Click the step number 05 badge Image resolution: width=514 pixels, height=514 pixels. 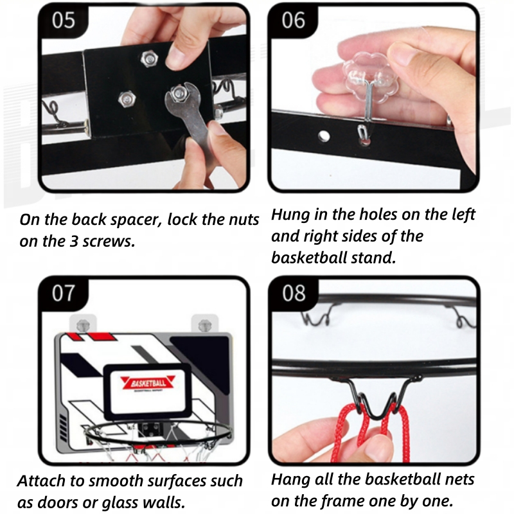pos(64,21)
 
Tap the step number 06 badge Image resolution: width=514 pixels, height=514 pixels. pos(294,21)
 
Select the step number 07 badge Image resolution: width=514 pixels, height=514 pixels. pos(64,293)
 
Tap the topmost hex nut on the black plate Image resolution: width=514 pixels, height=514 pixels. pos(149,59)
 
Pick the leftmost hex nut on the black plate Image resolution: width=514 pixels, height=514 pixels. pos(127,99)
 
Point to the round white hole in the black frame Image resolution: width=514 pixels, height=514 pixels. pos(324,136)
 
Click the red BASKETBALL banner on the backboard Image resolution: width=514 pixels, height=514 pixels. pos(148,383)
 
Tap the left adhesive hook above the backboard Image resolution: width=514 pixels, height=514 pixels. pos(83,324)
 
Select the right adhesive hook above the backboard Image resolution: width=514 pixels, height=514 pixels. pos(204,324)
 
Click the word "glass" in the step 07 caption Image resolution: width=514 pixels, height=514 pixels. pos(120,503)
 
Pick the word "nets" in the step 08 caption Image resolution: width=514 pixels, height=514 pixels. pos(459,479)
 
